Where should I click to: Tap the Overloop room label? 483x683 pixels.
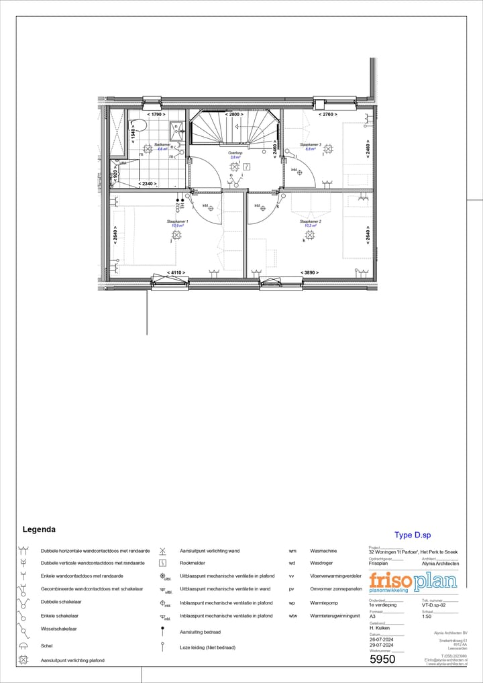(x=235, y=153)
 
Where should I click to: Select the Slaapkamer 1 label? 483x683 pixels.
(x=177, y=221)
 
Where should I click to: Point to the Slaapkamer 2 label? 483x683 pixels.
(x=311, y=221)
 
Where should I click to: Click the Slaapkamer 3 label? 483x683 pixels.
(x=311, y=144)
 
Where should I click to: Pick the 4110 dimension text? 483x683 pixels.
(x=176, y=272)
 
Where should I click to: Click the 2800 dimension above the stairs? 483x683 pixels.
(x=234, y=115)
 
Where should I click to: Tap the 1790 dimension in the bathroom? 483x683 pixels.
(x=156, y=115)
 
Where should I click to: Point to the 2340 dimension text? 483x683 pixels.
(x=147, y=183)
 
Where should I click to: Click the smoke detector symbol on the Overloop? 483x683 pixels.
(x=247, y=166)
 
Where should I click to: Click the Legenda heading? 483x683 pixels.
(x=39, y=529)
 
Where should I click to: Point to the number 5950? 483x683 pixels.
(x=382, y=660)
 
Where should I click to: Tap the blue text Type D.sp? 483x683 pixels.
(x=413, y=535)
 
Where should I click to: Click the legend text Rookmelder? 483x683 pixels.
(x=193, y=563)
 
